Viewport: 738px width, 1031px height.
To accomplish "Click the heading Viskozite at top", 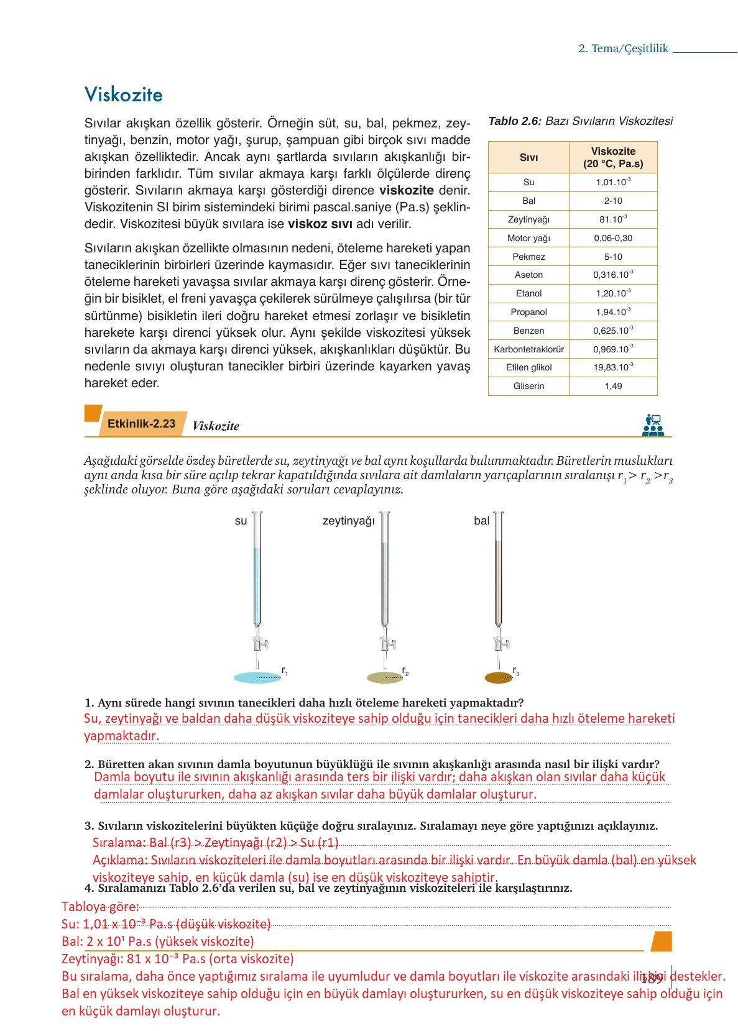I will click(123, 94).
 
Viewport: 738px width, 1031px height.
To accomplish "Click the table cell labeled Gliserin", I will click(528, 386).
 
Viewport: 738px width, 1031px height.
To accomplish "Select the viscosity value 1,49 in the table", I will click(613, 386).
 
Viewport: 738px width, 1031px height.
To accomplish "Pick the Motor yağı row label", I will click(528, 238).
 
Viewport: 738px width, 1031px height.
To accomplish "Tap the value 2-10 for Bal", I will click(613, 201).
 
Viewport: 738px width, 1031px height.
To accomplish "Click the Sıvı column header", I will click(528, 158).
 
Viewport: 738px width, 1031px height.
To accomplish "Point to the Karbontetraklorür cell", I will click(528, 349).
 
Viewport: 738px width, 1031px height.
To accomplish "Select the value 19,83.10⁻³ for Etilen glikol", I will click(613, 367).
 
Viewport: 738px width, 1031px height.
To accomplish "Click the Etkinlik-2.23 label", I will click(141, 424).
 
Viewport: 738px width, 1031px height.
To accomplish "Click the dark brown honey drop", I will click(499, 677).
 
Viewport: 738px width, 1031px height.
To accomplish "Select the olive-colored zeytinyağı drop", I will click(385, 677).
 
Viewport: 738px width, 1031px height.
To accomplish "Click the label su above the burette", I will click(241, 521).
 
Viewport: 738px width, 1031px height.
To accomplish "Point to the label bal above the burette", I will click(481, 521).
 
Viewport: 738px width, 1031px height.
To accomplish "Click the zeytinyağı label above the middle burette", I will click(348, 521).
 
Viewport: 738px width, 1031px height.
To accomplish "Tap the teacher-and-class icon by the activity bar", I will click(653, 425).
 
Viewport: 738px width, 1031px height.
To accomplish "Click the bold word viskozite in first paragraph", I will click(406, 190).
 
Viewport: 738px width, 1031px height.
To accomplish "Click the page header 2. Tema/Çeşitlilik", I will click(623, 48).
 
